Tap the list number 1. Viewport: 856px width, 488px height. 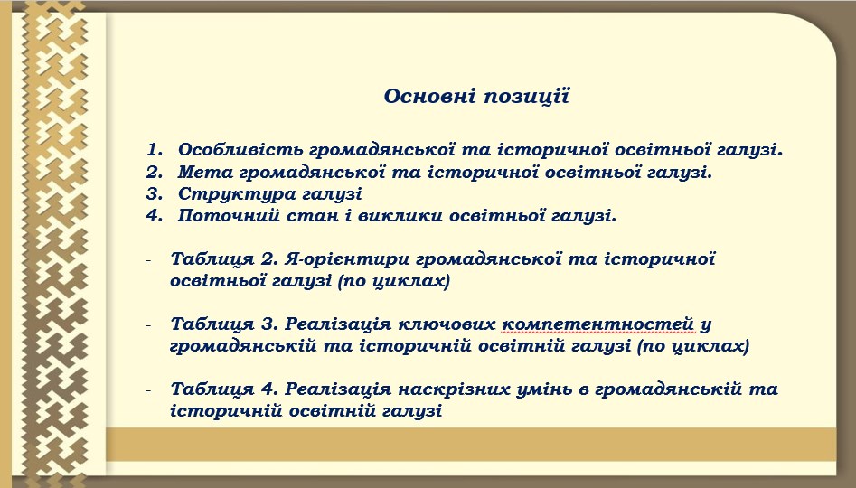tap(155, 150)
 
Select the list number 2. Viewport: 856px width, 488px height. tap(155, 172)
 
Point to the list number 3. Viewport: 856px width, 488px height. tap(155, 193)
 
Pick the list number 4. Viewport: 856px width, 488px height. tap(155, 216)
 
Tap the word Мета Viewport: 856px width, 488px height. tap(203, 173)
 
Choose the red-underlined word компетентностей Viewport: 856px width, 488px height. tap(597, 324)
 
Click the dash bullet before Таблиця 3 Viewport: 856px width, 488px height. tap(148, 325)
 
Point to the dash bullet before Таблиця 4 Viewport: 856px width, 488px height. tap(148, 390)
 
